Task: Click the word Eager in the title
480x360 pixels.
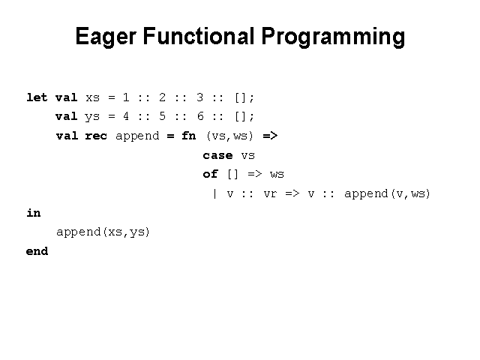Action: (x=106, y=37)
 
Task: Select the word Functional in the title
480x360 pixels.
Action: (x=199, y=36)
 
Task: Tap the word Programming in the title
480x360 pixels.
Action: (x=333, y=37)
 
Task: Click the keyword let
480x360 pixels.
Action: (x=37, y=97)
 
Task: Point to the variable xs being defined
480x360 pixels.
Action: (x=92, y=98)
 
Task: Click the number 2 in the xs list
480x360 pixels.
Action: (x=162, y=97)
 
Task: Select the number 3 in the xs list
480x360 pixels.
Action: (x=199, y=97)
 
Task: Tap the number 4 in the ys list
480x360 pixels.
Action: (x=125, y=116)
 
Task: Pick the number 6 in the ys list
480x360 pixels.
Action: (x=200, y=116)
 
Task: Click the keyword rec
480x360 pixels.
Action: (x=96, y=136)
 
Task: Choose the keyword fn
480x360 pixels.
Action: (x=188, y=136)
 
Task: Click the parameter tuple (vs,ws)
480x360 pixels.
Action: (x=230, y=136)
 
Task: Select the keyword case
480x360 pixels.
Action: (x=217, y=155)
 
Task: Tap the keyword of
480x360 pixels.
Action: (x=210, y=174)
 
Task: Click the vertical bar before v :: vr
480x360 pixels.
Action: (x=215, y=193)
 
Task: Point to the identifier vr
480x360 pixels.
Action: (x=270, y=194)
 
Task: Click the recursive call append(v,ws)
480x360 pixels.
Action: (x=387, y=194)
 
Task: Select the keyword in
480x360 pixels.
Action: (x=33, y=212)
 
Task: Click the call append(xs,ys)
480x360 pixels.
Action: (x=103, y=232)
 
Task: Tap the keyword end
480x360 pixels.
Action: (x=37, y=251)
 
